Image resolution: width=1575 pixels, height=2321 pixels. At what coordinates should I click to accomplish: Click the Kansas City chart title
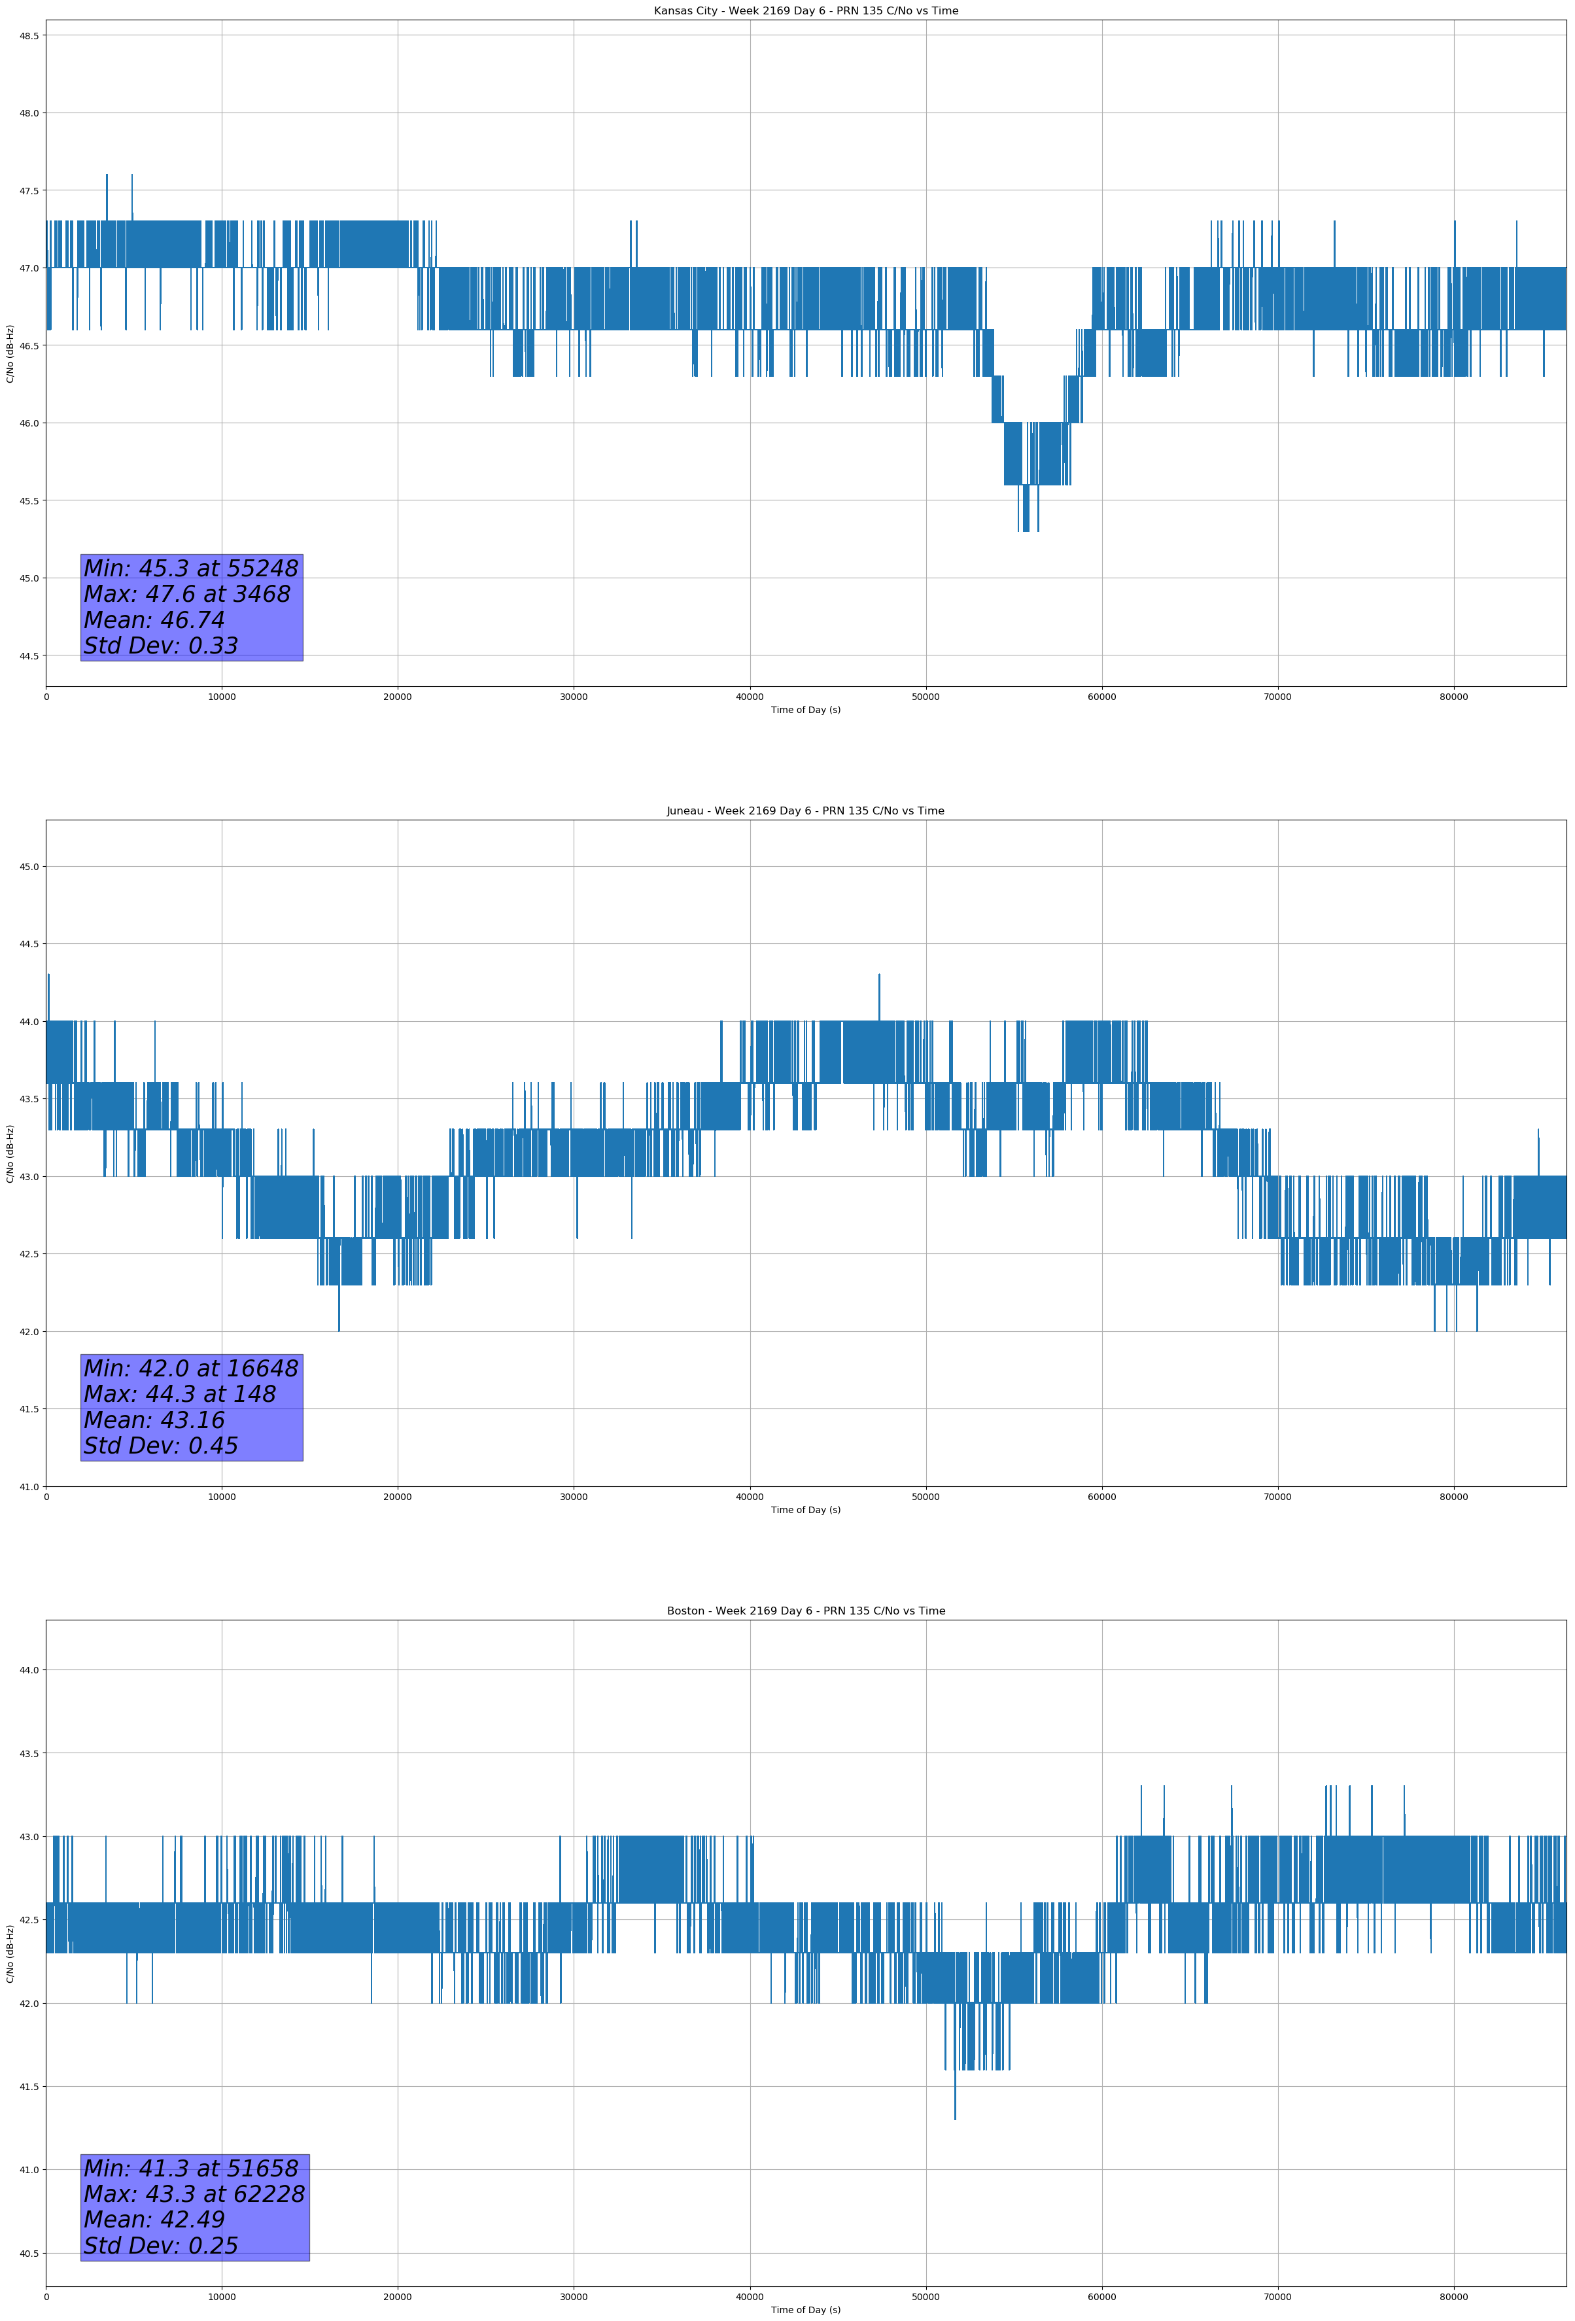tap(805, 11)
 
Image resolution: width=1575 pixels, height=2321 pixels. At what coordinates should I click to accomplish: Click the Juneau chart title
tap(805, 811)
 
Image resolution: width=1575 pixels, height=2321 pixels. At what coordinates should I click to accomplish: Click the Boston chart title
tap(805, 1611)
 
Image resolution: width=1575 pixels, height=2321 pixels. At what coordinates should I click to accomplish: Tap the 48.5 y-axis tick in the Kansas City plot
tap(29, 36)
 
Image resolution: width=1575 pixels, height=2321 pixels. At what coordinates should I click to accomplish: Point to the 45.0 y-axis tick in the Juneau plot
tap(29, 867)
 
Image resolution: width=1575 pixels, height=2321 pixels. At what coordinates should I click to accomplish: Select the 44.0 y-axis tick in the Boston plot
tap(29, 1670)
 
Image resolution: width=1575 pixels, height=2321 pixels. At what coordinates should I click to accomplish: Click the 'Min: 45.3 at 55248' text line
tap(191, 568)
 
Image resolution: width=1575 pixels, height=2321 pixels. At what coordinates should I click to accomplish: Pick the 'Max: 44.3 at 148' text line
tap(180, 1394)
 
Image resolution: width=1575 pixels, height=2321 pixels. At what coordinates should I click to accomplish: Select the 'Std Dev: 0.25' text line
tap(161, 2245)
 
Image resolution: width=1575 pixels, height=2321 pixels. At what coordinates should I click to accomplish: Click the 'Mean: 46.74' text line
tap(155, 620)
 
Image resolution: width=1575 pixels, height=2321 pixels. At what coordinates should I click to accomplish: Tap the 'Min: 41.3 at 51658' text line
tap(191, 2168)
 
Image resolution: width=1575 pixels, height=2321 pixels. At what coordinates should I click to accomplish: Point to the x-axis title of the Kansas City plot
tap(805, 710)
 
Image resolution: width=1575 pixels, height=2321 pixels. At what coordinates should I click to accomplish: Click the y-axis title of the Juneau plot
tap(10, 1153)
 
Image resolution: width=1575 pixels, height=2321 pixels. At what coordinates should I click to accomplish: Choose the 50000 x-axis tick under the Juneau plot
tap(926, 1496)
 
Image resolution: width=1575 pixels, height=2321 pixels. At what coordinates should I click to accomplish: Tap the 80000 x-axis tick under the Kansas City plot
tap(1453, 697)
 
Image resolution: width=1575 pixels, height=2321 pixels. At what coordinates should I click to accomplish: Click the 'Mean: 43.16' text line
tap(155, 1420)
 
